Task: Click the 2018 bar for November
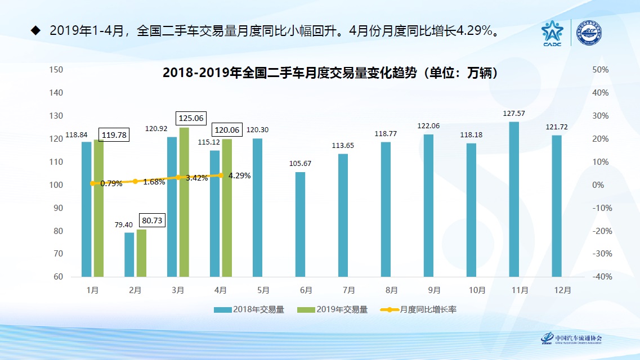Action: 514,199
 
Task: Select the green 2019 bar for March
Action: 184,202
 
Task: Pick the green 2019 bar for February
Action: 141,253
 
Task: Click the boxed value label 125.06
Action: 191,119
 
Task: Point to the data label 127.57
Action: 514,114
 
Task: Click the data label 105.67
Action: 300,164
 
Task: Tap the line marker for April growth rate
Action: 221,175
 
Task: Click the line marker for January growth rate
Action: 92,183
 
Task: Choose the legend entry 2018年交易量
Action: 249,309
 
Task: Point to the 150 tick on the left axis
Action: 56,69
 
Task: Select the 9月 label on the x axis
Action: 434,290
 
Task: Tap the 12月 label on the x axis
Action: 562,290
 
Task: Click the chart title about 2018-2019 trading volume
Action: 329,73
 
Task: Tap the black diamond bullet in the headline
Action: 35,30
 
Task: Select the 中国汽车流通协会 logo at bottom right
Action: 571,339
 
